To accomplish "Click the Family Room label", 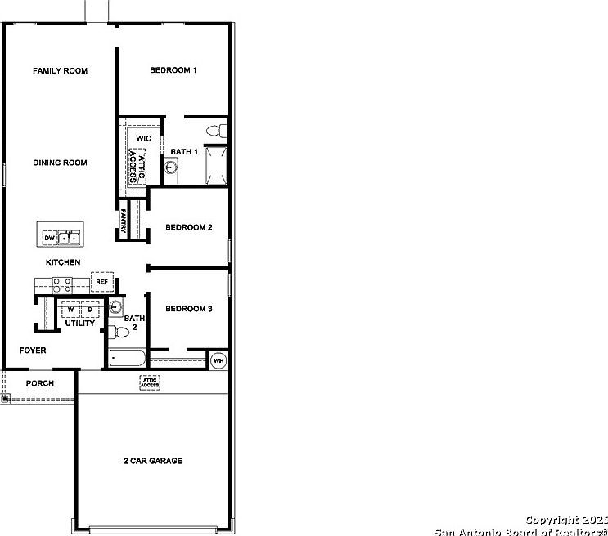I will click(60, 71).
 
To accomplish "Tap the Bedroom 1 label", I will click(173, 70).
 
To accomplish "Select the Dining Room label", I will click(60, 163).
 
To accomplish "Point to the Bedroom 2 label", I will click(189, 227).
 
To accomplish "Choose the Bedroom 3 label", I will click(189, 309).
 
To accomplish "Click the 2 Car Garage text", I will click(153, 461).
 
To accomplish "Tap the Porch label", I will click(39, 383).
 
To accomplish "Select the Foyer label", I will click(33, 351).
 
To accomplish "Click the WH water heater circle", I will click(218, 360).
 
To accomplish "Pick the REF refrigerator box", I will click(101, 282).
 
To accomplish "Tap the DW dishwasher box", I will click(49, 238).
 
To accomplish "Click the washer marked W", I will click(71, 310).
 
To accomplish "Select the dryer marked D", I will click(90, 310).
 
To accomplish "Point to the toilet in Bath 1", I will click(215, 130).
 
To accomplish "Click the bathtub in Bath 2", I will click(127, 358).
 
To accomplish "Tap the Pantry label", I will click(123, 222).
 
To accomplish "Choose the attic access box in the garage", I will click(150, 382).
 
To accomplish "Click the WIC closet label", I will click(144, 138).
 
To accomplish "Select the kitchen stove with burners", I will click(61, 285).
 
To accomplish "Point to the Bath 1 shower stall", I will click(215, 166).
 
